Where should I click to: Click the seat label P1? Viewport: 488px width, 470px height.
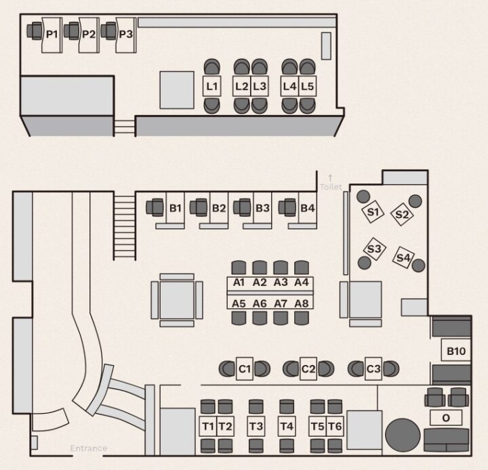tap(52, 33)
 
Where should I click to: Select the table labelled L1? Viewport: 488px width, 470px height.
tap(212, 87)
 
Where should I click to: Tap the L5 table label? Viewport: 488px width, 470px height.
tap(308, 87)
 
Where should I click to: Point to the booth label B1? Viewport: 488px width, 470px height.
tap(176, 208)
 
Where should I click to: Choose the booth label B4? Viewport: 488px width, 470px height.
tap(308, 208)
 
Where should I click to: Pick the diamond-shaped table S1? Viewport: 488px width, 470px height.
tap(372, 213)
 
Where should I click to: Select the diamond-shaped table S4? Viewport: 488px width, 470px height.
tap(404, 257)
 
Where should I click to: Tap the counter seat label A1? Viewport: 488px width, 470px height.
tap(238, 282)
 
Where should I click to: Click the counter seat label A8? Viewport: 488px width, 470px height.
tap(302, 304)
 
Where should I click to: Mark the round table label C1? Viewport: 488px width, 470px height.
tap(245, 369)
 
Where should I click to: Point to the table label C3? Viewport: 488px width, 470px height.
tap(373, 369)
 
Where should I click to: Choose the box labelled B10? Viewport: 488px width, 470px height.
tap(455, 351)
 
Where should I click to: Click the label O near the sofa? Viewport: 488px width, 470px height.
tap(446, 418)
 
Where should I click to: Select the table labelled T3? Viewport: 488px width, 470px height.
tap(256, 427)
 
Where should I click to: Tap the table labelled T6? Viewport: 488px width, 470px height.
tap(335, 427)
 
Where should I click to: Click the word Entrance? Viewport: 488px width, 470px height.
tap(88, 448)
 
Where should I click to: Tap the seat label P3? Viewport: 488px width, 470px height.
tap(125, 33)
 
